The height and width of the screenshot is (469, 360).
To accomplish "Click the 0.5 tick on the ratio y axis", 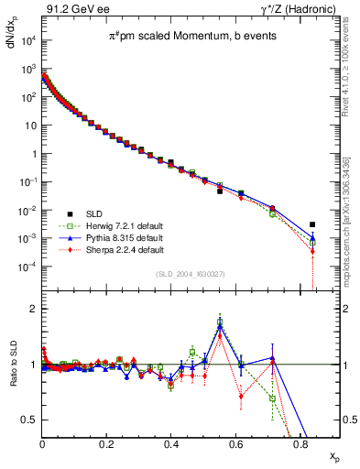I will coord(29,420).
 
